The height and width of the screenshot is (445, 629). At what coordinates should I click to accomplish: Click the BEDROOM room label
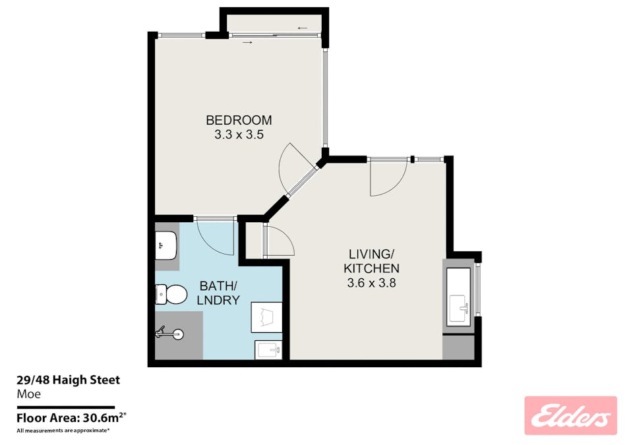(x=239, y=120)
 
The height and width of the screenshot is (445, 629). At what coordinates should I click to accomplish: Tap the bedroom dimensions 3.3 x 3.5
(x=239, y=134)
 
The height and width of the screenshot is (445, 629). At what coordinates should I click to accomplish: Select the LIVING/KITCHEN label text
(x=372, y=260)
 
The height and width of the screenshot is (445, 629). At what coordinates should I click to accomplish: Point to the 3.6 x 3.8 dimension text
(x=372, y=283)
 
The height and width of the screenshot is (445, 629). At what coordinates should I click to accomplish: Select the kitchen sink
(x=460, y=306)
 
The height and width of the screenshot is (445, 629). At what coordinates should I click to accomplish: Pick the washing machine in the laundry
(x=266, y=318)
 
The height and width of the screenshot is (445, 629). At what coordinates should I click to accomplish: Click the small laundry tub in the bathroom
(x=267, y=349)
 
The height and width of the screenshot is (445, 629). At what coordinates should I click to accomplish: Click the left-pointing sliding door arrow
(x=303, y=28)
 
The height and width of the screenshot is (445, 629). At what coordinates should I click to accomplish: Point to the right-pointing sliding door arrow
(x=247, y=43)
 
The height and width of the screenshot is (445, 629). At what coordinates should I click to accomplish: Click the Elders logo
(x=570, y=415)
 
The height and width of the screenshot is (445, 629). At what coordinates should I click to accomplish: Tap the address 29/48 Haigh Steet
(x=68, y=380)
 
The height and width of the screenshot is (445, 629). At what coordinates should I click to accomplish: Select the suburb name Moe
(x=28, y=394)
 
